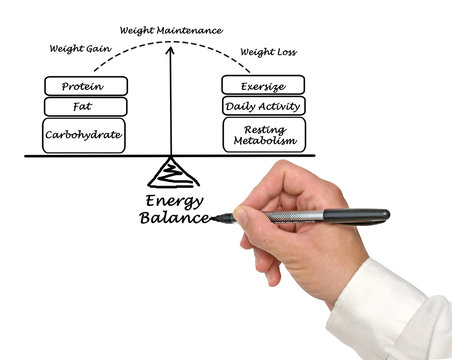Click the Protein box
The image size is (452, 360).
(86, 86)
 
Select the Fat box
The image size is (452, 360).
(86, 106)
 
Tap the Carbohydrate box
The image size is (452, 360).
(86, 135)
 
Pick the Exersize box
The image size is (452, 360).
(263, 85)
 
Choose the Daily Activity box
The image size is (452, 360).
(263, 105)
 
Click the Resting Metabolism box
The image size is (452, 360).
(263, 134)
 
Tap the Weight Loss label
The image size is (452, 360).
(267, 52)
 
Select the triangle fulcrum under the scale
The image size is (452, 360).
(172, 174)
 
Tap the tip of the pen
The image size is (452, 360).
(213, 219)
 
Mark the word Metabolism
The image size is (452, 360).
(264, 141)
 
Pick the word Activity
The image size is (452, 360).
(279, 105)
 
